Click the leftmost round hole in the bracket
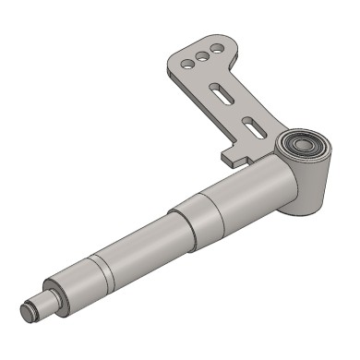pyautogui.click(x=186, y=65)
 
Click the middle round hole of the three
pyautogui.click(x=200, y=56)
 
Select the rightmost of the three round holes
pyautogui.click(x=215, y=48)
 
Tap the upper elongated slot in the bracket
pyautogui.click(x=222, y=91)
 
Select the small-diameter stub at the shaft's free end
pyautogui.click(x=39, y=306)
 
